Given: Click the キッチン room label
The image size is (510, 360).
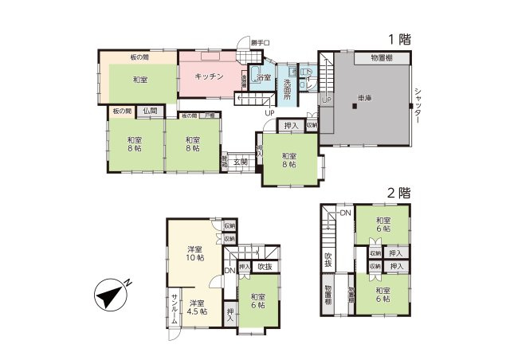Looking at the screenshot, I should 209,77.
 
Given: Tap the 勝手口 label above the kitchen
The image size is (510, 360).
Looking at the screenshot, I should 260,42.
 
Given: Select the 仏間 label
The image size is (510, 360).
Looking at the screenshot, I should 151,111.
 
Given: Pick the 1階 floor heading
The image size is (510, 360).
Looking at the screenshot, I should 399,39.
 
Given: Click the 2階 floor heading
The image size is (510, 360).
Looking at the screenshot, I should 398,192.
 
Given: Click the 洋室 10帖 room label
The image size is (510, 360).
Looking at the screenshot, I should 194,253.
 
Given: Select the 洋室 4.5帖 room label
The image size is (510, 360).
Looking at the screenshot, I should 198,307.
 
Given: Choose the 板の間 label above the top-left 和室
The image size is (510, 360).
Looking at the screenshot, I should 139,57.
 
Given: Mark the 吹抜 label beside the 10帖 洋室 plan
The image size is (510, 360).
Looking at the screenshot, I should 265,267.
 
